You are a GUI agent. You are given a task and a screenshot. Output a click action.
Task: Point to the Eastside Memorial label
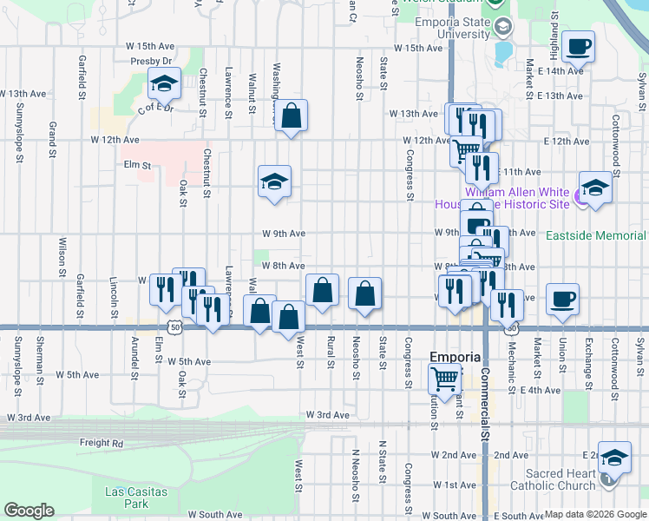(x=595, y=235)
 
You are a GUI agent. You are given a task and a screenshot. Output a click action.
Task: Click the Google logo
(x=28, y=511)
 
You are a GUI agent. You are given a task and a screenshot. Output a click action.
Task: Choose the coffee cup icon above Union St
(x=562, y=299)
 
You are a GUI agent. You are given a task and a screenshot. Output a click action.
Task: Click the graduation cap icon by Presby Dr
(x=163, y=83)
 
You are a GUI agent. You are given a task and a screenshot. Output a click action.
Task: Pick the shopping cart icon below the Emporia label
(x=444, y=378)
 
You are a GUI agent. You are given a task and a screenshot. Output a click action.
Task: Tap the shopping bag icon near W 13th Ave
(x=292, y=115)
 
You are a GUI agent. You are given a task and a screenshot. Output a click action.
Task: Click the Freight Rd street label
(x=101, y=443)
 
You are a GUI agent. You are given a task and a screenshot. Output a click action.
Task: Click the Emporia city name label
(x=456, y=358)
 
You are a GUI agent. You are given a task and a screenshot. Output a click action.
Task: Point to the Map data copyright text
(x=594, y=511)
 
